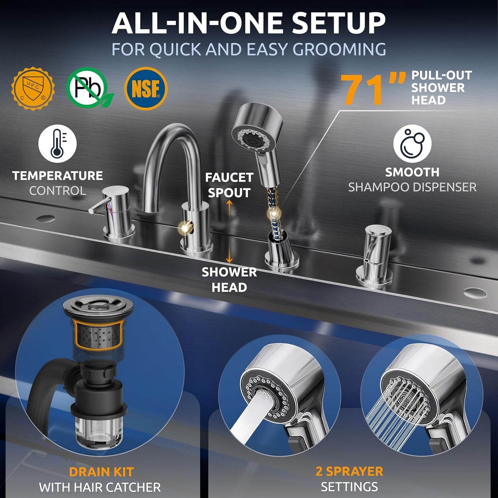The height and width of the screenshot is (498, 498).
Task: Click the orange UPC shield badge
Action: (33, 88)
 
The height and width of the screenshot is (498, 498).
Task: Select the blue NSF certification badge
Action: (146, 88)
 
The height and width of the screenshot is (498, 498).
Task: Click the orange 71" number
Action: (372, 89)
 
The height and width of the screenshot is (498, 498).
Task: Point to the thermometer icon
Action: (57, 143)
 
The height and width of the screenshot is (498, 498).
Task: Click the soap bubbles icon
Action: (412, 143)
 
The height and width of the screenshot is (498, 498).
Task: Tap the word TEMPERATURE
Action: (57, 176)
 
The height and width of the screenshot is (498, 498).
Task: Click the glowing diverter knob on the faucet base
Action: (185, 228)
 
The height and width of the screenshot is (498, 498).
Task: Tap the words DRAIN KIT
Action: (101, 472)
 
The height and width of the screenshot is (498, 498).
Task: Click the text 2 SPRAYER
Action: (349, 471)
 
